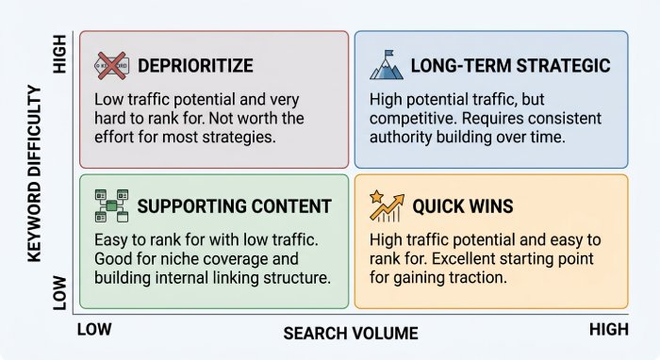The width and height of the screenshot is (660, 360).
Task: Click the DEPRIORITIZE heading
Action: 195,66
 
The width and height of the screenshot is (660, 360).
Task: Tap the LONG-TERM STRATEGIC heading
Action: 511,66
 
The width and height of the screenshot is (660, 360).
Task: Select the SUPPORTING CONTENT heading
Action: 235,206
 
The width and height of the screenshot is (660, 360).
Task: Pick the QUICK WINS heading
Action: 463,206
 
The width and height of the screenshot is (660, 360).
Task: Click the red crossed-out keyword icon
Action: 111,66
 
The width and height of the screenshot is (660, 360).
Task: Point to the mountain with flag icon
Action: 387,65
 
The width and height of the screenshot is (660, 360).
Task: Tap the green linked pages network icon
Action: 111,205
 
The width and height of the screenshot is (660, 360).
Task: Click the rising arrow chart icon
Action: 388,207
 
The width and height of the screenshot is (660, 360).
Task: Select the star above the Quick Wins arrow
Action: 376,196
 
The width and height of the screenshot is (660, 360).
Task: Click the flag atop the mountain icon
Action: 388,54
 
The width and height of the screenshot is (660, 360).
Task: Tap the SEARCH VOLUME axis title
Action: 351,334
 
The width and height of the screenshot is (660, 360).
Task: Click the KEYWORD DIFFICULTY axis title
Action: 35,173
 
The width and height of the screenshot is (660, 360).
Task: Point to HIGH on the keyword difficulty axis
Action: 59,54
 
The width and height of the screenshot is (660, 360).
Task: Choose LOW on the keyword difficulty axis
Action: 59,293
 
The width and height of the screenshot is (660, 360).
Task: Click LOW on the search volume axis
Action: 94,329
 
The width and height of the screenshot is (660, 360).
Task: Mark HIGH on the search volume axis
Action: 609,329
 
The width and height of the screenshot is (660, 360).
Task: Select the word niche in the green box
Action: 180,258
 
